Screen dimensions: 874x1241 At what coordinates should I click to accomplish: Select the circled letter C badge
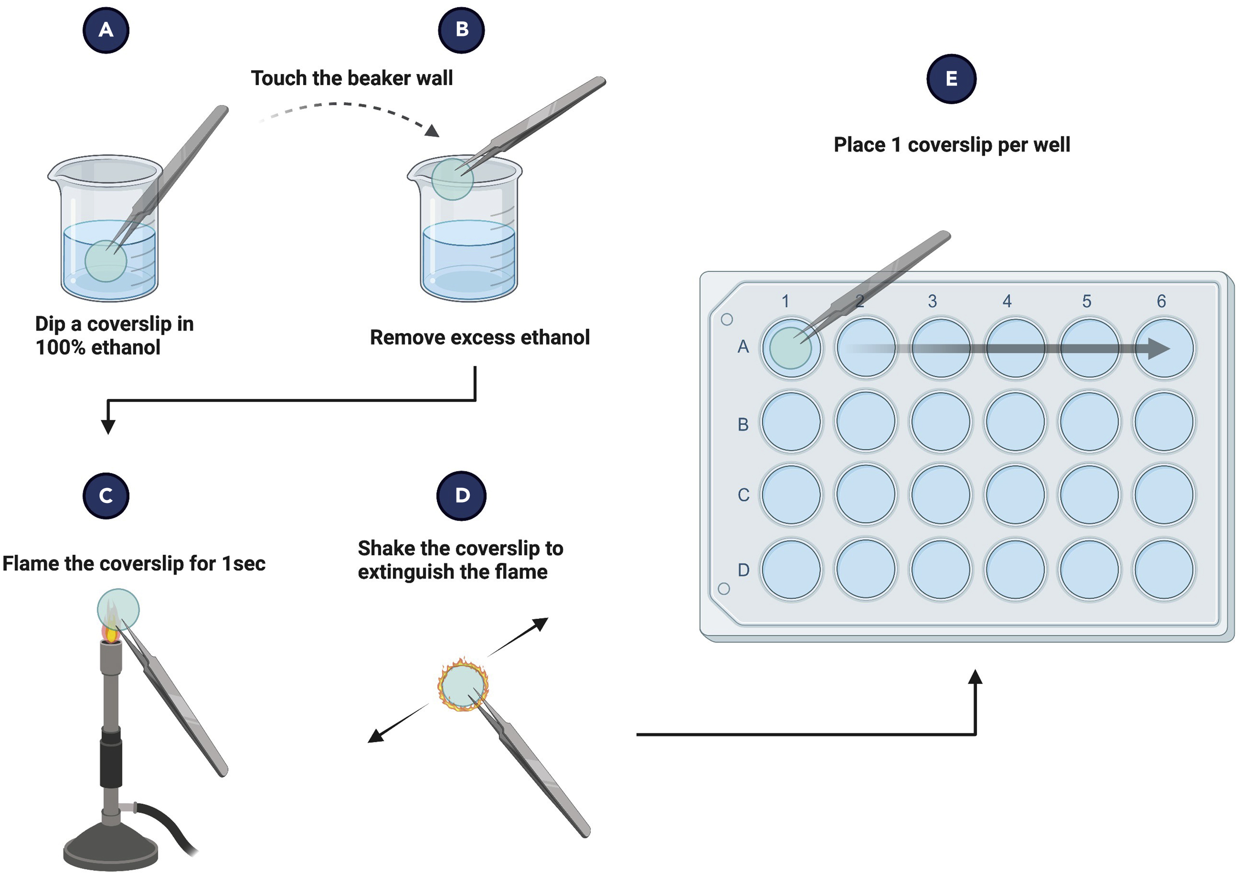coord(106,495)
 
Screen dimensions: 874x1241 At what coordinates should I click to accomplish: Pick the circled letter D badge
coord(462,495)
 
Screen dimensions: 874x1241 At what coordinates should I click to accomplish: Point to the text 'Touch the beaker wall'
coord(351,78)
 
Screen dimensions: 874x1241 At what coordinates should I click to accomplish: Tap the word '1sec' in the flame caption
coord(244,564)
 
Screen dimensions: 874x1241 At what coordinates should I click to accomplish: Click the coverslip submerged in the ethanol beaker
coord(105,261)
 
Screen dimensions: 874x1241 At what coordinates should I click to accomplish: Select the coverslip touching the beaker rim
coord(452,179)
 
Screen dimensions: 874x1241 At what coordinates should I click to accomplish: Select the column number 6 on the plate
coord(1161,301)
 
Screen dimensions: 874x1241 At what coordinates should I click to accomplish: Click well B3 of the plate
coord(940,422)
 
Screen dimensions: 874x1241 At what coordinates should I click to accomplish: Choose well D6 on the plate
coord(1164,570)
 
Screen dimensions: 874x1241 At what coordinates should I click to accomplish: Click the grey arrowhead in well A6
coord(1158,348)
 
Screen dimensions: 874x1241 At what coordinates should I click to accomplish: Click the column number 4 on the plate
coord(1007,301)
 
